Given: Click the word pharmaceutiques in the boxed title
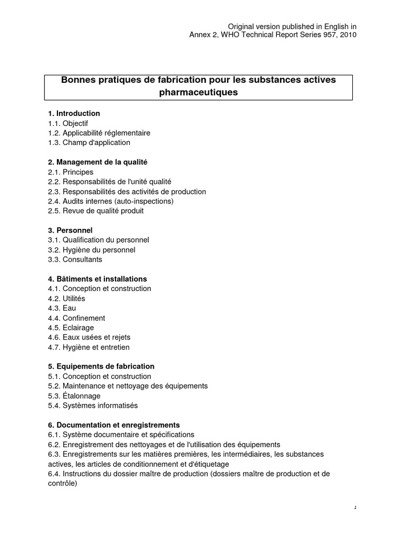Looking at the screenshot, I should tap(198, 92).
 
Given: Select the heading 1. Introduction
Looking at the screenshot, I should tap(74, 113).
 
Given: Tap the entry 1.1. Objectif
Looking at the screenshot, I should tap(68, 123).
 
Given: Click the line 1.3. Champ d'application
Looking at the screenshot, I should tap(89, 142).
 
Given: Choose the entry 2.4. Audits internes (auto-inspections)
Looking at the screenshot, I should tap(110, 201).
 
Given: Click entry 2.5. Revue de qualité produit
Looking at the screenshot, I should tap(95, 210).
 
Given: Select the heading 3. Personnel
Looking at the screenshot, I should tap(70, 230).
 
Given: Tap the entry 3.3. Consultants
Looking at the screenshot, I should tap(75, 259).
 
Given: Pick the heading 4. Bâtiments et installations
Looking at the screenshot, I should tap(98, 279).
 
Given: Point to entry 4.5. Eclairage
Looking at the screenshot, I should tap(71, 327).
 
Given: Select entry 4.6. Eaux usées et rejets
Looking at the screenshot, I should tap(89, 337).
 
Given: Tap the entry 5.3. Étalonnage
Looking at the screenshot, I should tap(74, 396).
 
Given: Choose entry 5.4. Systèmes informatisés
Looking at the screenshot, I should tap(92, 406).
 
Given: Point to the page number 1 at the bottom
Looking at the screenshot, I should tap(355, 507).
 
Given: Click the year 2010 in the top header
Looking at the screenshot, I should tap(348, 35).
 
